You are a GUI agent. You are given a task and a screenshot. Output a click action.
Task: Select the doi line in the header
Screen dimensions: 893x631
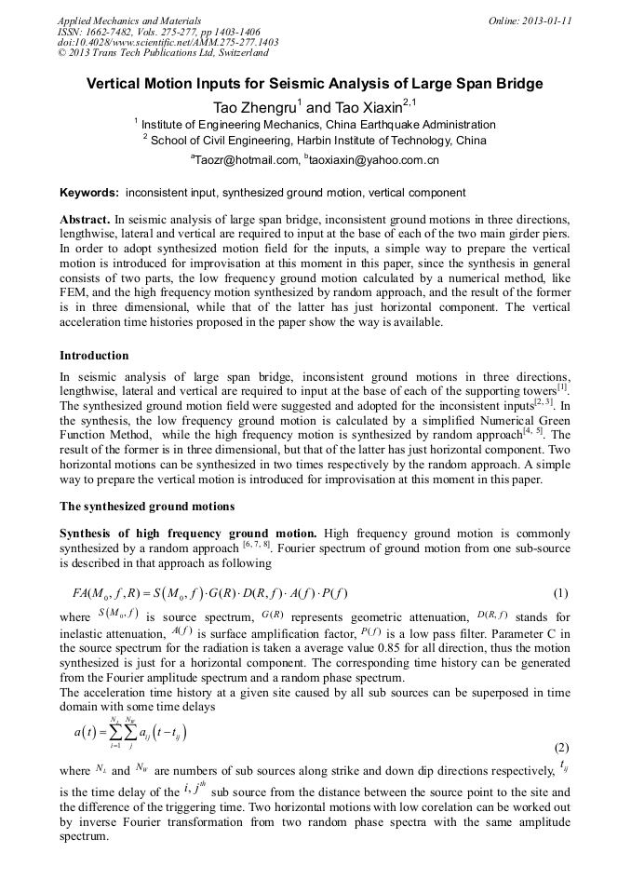click(x=168, y=42)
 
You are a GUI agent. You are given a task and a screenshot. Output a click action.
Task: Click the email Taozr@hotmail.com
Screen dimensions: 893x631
click(x=246, y=160)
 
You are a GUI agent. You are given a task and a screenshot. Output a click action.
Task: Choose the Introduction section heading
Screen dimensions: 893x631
click(x=94, y=355)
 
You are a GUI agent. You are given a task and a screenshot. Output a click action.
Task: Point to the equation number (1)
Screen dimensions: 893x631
click(x=560, y=594)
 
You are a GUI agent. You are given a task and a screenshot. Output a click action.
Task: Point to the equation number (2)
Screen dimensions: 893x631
click(x=561, y=748)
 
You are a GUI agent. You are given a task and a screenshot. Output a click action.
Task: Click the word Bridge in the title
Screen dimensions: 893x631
click(x=517, y=84)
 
